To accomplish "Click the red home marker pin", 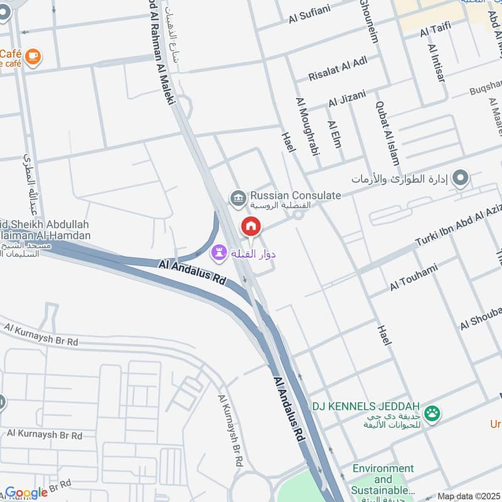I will pyautogui.click(x=251, y=227).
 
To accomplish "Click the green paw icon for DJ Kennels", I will pyautogui.click(x=432, y=413).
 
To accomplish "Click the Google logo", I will pyautogui.click(x=26, y=493).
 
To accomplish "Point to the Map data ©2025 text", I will pyautogui.click(x=469, y=496).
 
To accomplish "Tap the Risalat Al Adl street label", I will pyautogui.click(x=338, y=68).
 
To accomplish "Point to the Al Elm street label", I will pyautogui.click(x=333, y=134).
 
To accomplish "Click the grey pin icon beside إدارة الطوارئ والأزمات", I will pyautogui.click(x=461, y=178).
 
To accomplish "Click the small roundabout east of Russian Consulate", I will pyautogui.click(x=298, y=214).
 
